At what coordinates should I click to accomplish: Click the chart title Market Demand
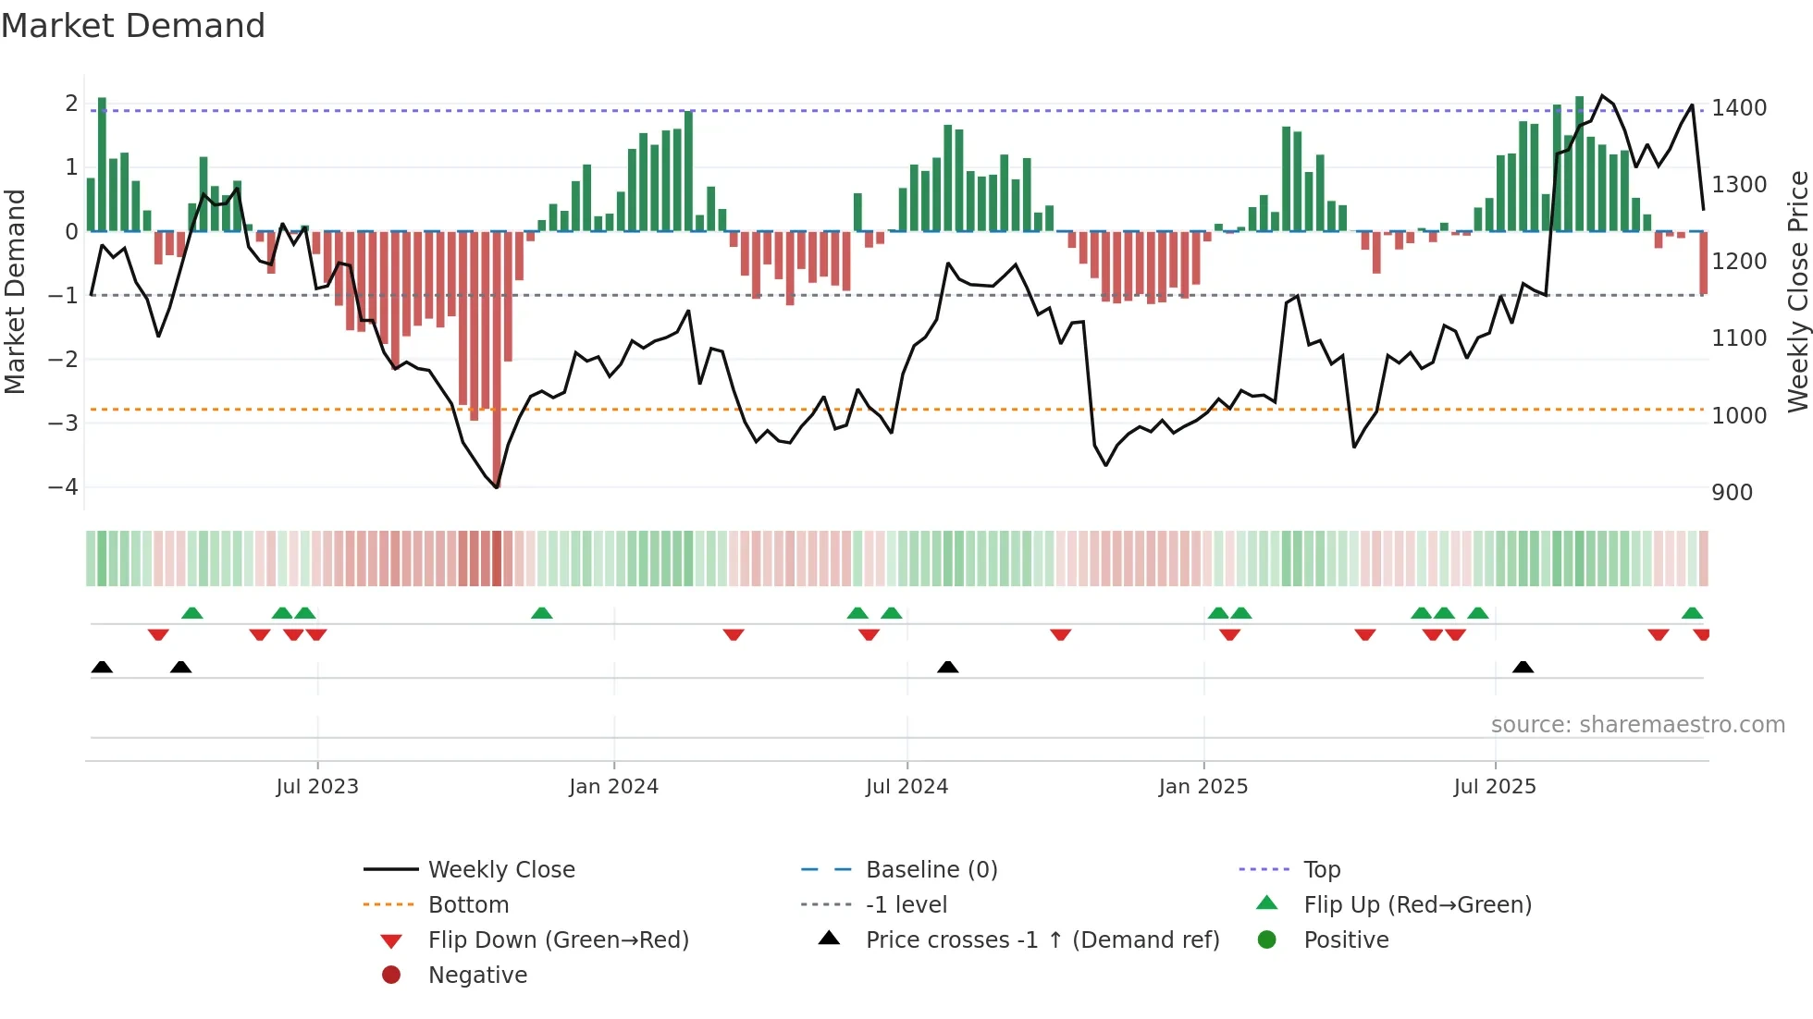pos(133,26)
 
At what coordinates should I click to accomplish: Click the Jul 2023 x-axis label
pos(317,787)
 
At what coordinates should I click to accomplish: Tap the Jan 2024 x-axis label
pos(613,787)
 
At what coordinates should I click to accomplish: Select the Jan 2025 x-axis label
pos(1202,787)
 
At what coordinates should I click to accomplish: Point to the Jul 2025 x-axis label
pos(1495,787)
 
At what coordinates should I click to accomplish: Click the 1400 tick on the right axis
pos(1739,108)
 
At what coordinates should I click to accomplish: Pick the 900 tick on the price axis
pos(1732,493)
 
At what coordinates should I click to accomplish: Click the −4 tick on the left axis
pos(63,486)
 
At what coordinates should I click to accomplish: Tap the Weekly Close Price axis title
pos(1797,291)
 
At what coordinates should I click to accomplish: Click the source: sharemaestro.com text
pos(1637,725)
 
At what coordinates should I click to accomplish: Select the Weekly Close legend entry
pos(500,870)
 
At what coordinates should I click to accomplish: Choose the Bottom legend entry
pos(468,905)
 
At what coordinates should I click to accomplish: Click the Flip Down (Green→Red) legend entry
pos(558,940)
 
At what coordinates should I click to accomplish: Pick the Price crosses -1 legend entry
pos(1042,940)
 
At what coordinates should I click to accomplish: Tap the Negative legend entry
pos(477,976)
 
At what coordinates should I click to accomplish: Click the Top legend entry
pos(1321,870)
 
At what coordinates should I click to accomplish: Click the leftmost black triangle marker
pos(102,668)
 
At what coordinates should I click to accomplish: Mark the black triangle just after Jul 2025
pos(1523,668)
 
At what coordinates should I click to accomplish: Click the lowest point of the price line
pos(497,487)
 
